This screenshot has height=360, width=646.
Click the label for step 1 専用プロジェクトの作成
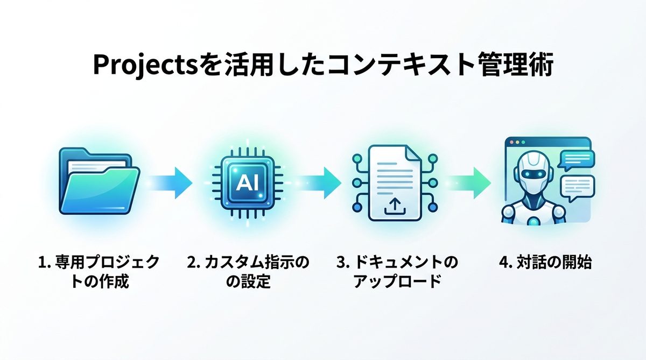point(99,272)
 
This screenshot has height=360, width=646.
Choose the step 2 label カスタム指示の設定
point(248,272)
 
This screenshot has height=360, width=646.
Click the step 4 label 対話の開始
point(545,263)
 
